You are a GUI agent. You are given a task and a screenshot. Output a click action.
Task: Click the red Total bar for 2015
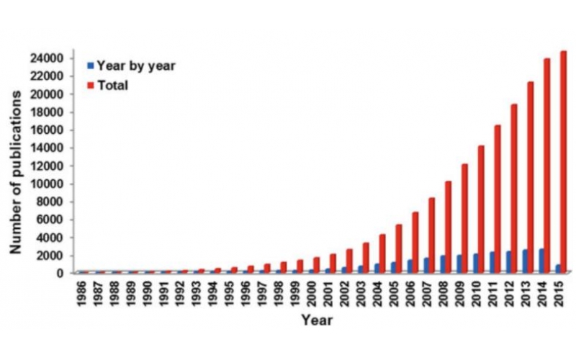(563, 162)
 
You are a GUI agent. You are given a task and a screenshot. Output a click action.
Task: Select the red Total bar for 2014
(546, 166)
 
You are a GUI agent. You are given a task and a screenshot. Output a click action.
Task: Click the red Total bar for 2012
(514, 188)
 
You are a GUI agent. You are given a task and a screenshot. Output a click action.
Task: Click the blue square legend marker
(90, 66)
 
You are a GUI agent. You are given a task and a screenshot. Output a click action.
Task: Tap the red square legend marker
(90, 85)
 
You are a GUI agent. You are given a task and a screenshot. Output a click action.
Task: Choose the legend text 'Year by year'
(136, 66)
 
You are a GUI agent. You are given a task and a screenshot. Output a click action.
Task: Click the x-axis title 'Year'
(317, 320)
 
